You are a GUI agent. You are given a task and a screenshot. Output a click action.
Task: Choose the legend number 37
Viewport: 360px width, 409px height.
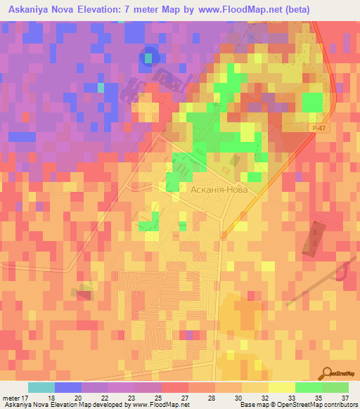344,398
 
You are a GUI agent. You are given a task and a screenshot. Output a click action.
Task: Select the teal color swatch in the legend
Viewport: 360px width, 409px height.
41,387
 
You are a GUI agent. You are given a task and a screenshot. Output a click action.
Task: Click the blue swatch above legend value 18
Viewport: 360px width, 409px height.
67,387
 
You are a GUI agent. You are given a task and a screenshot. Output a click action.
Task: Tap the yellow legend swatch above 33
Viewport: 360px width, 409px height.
282,387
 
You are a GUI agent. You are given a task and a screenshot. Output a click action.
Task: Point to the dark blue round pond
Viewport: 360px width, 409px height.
149,56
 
